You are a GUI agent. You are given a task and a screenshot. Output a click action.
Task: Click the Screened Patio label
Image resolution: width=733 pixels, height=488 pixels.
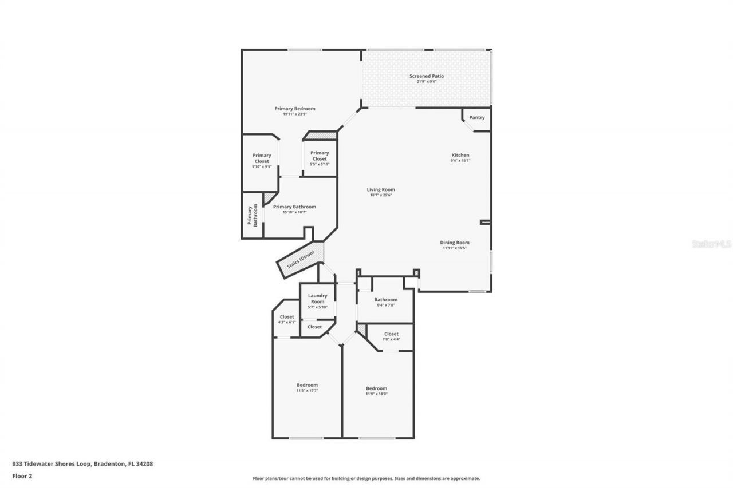pos(426,76)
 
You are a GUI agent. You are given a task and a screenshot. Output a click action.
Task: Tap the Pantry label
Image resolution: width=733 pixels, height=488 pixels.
pos(476,118)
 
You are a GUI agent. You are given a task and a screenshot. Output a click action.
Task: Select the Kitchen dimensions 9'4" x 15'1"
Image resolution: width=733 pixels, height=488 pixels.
pos(460,161)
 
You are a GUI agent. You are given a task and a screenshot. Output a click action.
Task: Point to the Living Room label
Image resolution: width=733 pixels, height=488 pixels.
pos(381,190)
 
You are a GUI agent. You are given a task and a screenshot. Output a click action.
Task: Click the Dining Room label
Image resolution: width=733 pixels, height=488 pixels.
pos(455,243)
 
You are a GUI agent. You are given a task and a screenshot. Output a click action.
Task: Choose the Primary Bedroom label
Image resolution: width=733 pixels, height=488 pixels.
pos(294,109)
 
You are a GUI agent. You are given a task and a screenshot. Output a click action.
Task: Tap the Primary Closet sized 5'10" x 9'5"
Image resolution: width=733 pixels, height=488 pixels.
pos(262,158)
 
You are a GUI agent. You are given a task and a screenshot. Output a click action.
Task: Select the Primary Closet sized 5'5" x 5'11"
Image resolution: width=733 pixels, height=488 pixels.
pos(320,156)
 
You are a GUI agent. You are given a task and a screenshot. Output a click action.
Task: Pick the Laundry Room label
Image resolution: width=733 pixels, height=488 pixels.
pos(317,299)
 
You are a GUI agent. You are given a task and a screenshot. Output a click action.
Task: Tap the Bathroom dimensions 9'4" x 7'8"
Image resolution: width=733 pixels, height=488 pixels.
pos(385,305)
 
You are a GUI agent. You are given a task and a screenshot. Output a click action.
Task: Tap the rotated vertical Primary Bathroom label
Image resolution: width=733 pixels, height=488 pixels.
pos(253,216)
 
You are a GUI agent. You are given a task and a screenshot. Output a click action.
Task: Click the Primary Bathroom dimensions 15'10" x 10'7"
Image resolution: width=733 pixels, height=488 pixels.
pos(294,212)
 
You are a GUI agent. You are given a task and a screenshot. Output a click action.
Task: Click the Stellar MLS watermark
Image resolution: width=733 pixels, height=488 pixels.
pos(711,244)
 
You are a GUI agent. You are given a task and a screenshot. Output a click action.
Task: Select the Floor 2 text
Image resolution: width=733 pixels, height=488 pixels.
pos(22,475)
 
